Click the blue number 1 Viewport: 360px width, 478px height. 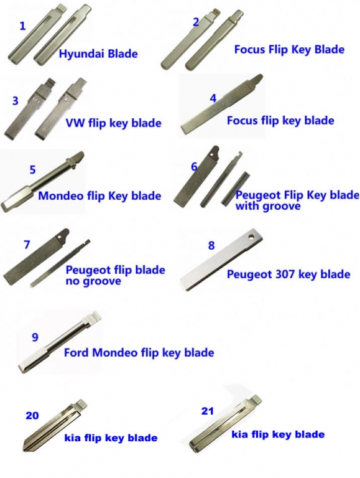(x=22, y=26)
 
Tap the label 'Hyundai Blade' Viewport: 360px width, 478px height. (x=98, y=54)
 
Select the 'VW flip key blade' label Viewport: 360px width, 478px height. (x=113, y=123)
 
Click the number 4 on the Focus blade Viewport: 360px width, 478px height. (x=213, y=98)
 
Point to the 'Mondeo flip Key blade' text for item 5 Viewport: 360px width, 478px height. (x=99, y=195)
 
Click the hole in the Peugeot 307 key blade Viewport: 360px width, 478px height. (x=252, y=237)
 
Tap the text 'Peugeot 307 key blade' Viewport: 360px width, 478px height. (x=288, y=274)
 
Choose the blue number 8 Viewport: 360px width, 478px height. (x=211, y=245)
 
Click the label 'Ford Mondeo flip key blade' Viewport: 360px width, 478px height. (x=139, y=353)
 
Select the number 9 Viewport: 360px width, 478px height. (x=35, y=337)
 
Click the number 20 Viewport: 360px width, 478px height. (x=32, y=415)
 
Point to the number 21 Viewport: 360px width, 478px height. (x=208, y=411)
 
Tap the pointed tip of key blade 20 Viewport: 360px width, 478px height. (x=24, y=448)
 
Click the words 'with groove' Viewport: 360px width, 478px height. (x=268, y=207)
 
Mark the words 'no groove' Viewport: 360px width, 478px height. (x=93, y=281)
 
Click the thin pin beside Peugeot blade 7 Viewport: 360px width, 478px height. (x=60, y=263)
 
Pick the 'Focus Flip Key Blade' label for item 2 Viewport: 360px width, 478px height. (x=289, y=49)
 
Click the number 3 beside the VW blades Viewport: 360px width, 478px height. (x=15, y=101)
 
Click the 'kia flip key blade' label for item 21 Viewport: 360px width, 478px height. (x=278, y=434)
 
